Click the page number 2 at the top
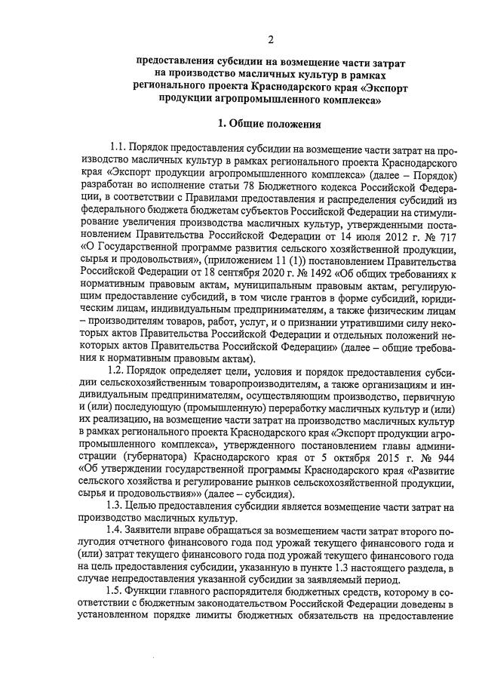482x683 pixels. coord(271,38)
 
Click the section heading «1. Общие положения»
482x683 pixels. coord(269,123)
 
